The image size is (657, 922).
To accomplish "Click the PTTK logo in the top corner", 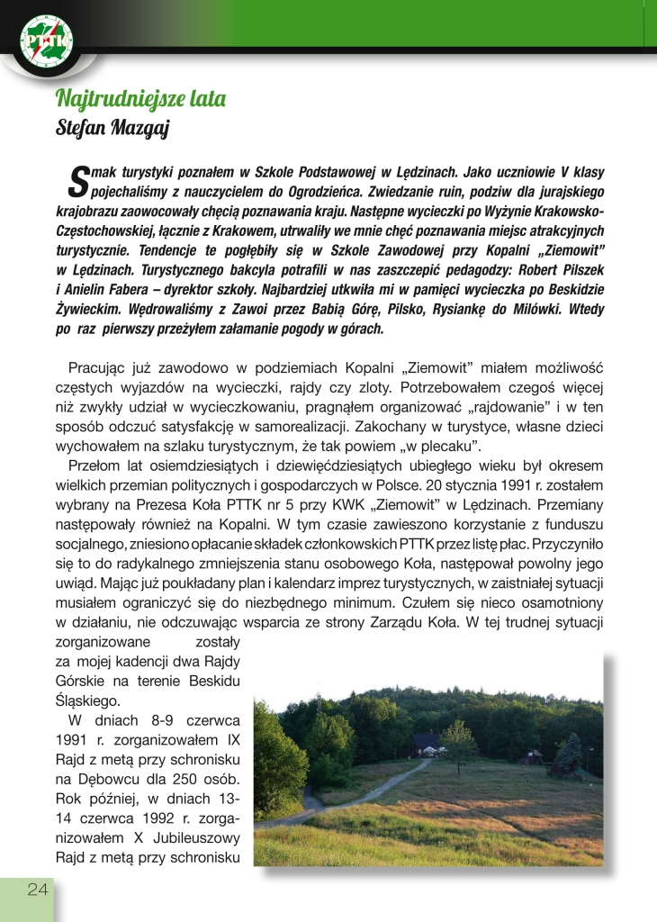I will (x=47, y=40).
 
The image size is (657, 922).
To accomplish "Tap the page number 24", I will (x=37, y=890).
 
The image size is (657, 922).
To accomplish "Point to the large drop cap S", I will (x=79, y=179).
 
